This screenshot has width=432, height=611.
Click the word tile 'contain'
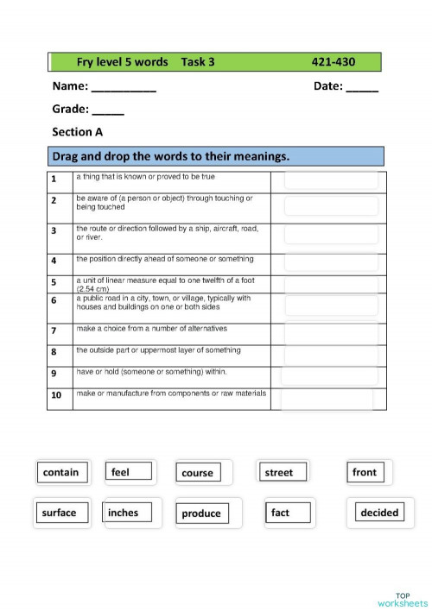(60, 472)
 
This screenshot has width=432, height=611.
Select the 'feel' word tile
(130, 471)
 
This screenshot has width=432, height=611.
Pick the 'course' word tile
(197, 473)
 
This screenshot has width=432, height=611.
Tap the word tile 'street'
(279, 472)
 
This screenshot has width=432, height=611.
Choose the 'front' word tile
(365, 472)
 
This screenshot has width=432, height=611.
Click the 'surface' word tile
(59, 513)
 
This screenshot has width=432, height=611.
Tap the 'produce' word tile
(201, 513)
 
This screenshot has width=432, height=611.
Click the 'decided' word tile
(379, 513)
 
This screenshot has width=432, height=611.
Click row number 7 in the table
(54, 331)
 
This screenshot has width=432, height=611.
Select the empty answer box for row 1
(330, 180)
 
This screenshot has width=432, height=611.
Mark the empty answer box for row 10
(327, 398)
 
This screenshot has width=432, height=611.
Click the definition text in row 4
(164, 259)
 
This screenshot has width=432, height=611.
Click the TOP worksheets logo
(403, 599)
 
